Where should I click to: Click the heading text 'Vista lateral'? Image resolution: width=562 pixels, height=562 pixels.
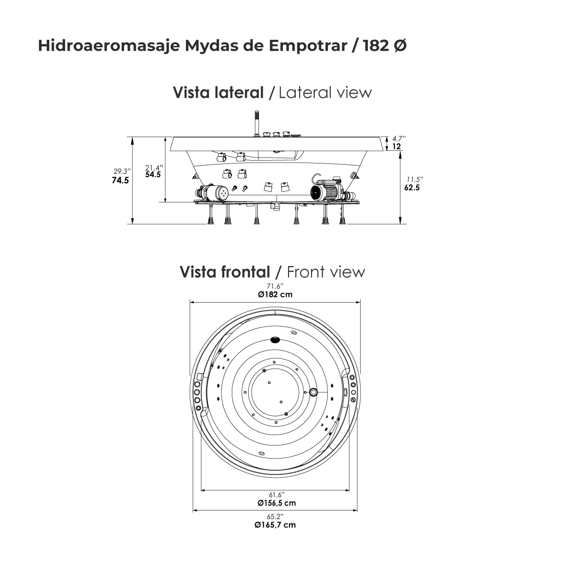(x=219, y=92)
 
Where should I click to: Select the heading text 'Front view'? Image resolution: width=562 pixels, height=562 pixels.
(x=325, y=272)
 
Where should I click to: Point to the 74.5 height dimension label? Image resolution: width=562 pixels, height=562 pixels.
(x=120, y=180)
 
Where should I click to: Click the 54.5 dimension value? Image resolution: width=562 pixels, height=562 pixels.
(x=153, y=175)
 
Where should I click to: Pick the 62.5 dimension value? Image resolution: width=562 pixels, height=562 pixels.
(x=412, y=188)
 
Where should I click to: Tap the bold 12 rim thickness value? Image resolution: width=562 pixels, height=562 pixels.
(x=396, y=147)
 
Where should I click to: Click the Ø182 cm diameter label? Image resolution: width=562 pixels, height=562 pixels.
(x=275, y=295)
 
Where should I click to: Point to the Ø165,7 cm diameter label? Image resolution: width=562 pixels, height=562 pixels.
(x=275, y=525)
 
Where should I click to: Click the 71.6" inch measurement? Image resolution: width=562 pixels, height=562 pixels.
(x=275, y=286)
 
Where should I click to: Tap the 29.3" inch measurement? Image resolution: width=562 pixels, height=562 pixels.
(x=122, y=171)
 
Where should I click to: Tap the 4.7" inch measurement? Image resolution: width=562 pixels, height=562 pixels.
(x=399, y=139)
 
